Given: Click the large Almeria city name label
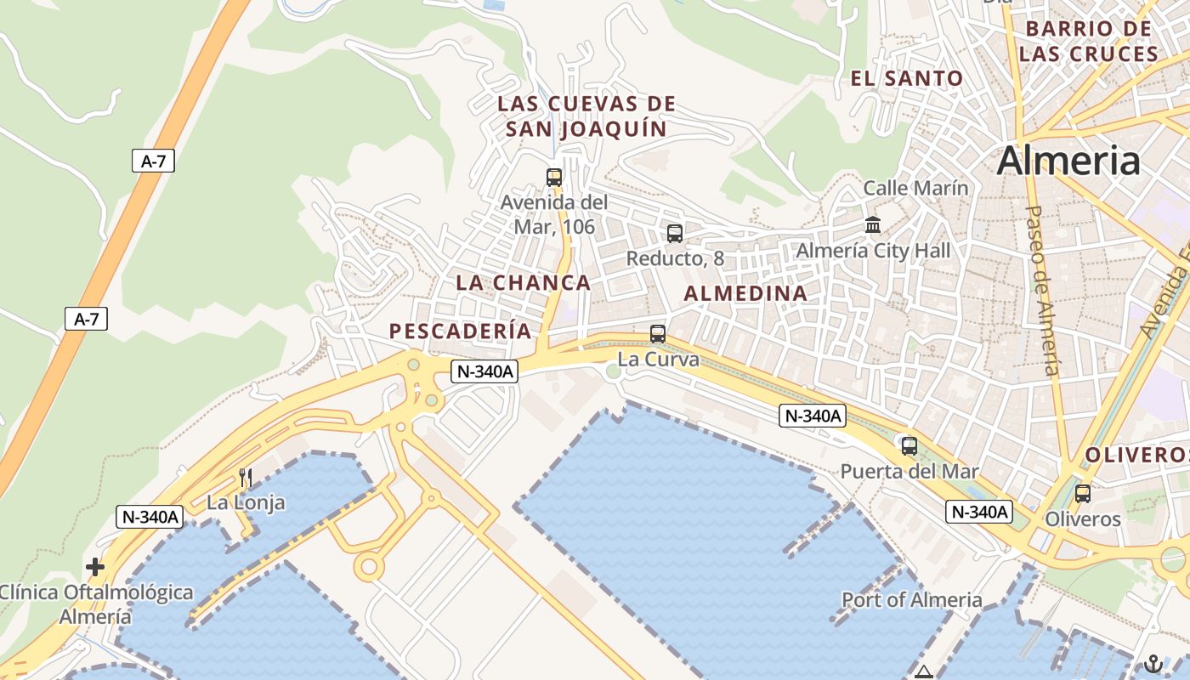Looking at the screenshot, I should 1068,160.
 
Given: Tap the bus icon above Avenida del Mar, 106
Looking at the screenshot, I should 554,178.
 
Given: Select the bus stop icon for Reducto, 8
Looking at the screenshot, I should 675,233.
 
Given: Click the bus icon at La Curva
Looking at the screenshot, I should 658,334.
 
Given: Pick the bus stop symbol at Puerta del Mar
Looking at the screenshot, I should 909,445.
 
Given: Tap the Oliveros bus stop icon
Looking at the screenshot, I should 1083,493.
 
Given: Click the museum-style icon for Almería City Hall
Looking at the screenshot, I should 873,225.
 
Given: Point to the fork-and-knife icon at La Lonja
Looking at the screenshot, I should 246,478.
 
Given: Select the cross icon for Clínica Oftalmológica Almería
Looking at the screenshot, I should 95,567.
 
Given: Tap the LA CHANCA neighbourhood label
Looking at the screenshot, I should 523,282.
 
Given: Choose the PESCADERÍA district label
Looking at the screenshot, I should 460,331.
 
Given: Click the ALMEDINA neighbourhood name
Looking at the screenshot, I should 745,293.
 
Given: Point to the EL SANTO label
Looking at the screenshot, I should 907,79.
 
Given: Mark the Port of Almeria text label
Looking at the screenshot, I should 911,599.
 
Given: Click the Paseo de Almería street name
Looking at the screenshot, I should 1041,290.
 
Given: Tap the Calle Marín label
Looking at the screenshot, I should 915,188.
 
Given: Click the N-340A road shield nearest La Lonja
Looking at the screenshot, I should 150,516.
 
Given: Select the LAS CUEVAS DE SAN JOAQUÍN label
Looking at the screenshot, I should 586,116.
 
